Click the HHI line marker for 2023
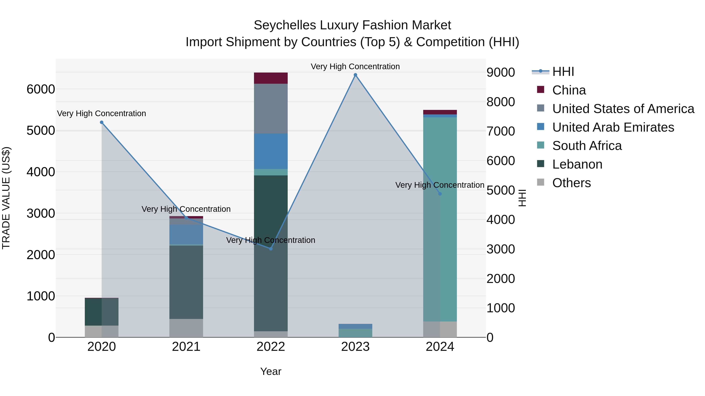355,75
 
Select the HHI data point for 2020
101,122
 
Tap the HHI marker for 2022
271,249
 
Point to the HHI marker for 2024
440,194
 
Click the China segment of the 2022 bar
271,78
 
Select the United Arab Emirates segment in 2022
271,151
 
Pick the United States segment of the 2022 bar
271,109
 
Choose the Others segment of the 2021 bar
186,328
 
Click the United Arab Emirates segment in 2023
355,326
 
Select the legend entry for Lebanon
577,164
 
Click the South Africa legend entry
587,146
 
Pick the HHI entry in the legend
563,72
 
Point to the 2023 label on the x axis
355,347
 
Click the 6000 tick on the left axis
41,89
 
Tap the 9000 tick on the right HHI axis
501,72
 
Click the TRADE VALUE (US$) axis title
6,198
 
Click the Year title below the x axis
271,371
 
